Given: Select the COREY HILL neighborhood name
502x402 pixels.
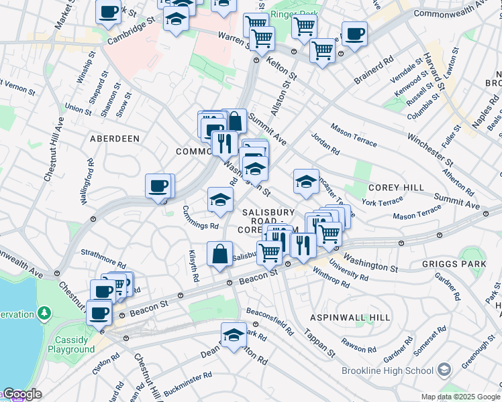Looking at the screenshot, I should [393, 188].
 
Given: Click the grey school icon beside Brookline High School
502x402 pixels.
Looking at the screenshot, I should [444, 370].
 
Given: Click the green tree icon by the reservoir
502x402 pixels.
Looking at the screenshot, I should [44, 313].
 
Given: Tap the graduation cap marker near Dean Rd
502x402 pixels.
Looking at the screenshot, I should [234, 335].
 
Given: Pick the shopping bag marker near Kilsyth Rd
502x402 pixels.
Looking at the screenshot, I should [220, 255].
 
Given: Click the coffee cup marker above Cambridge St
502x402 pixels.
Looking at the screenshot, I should [109, 11].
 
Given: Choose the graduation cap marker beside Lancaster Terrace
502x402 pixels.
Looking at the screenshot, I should [306, 182].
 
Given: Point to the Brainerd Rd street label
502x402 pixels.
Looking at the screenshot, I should [374, 73].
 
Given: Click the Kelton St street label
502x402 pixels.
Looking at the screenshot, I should [281, 66].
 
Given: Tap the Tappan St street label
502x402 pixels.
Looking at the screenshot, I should [319, 342].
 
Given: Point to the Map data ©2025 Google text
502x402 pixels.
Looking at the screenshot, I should [460, 397].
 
